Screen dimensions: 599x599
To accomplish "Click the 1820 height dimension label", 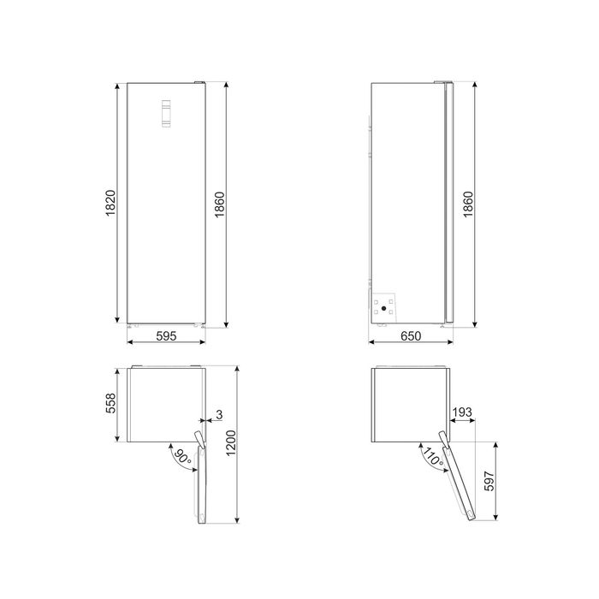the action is point(110,203).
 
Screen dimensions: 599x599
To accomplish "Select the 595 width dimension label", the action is point(166,335).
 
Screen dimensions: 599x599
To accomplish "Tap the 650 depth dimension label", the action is point(411,335).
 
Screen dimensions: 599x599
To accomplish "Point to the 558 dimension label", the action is point(110,403).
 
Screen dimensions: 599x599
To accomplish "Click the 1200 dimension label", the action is point(231,443).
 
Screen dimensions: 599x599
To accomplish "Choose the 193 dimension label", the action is point(462,412).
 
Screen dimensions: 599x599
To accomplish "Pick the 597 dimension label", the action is point(489,481).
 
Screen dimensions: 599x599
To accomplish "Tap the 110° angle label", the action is point(433,456).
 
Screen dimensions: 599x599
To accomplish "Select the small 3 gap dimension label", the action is point(219,415).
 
